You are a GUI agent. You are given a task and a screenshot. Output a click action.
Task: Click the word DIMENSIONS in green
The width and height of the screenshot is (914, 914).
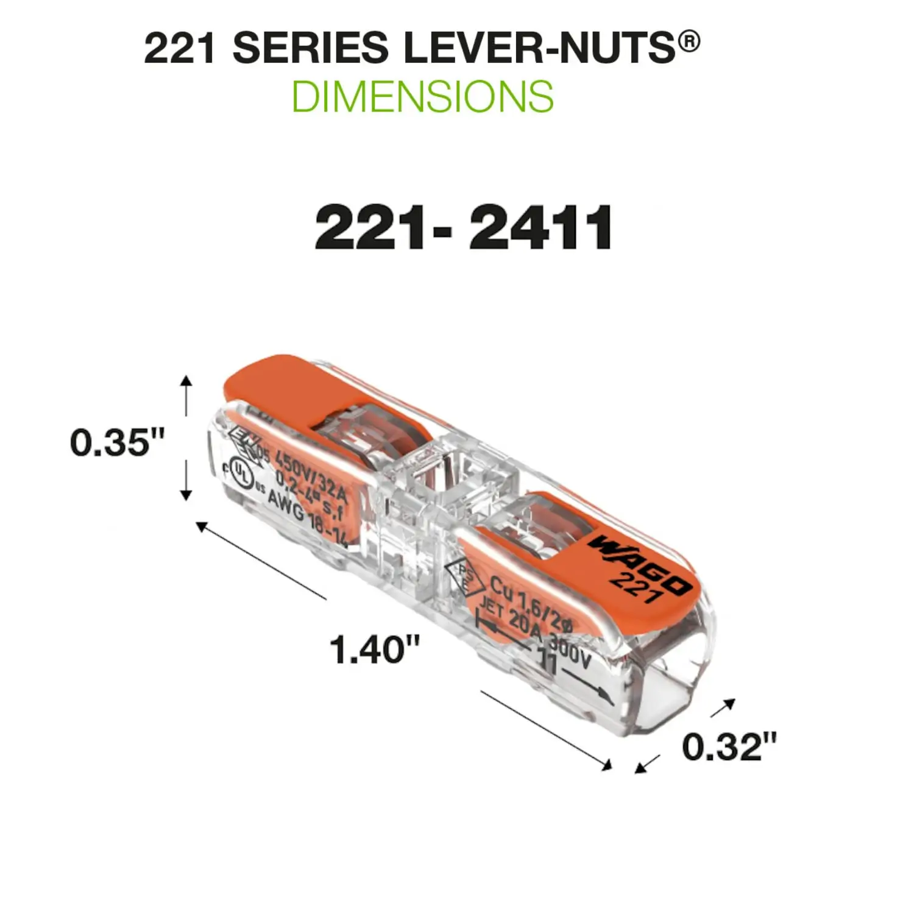422,96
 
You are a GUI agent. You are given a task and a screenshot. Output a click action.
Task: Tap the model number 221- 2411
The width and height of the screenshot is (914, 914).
463,227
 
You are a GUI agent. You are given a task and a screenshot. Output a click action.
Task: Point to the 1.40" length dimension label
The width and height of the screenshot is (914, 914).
375,649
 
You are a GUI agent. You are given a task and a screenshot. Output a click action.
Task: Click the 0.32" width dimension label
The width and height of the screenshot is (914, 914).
729,746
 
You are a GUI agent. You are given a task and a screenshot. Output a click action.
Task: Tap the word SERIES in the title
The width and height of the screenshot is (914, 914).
310,48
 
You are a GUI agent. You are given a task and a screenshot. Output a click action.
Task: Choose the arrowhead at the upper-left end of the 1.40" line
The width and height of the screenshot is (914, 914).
200,526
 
